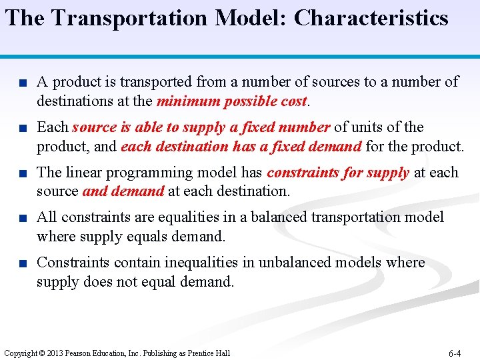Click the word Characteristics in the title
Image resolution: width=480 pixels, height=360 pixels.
point(371,18)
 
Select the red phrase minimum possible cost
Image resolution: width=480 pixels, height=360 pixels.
point(231,101)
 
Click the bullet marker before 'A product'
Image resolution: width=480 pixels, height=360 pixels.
point(22,83)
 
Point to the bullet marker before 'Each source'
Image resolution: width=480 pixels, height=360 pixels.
point(22,128)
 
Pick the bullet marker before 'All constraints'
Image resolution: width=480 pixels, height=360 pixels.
point(22,218)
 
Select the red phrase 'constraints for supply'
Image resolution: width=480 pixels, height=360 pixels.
point(338,172)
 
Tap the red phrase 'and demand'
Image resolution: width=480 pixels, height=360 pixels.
point(123,191)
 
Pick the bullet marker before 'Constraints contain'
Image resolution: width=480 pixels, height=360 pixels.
point(22,263)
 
